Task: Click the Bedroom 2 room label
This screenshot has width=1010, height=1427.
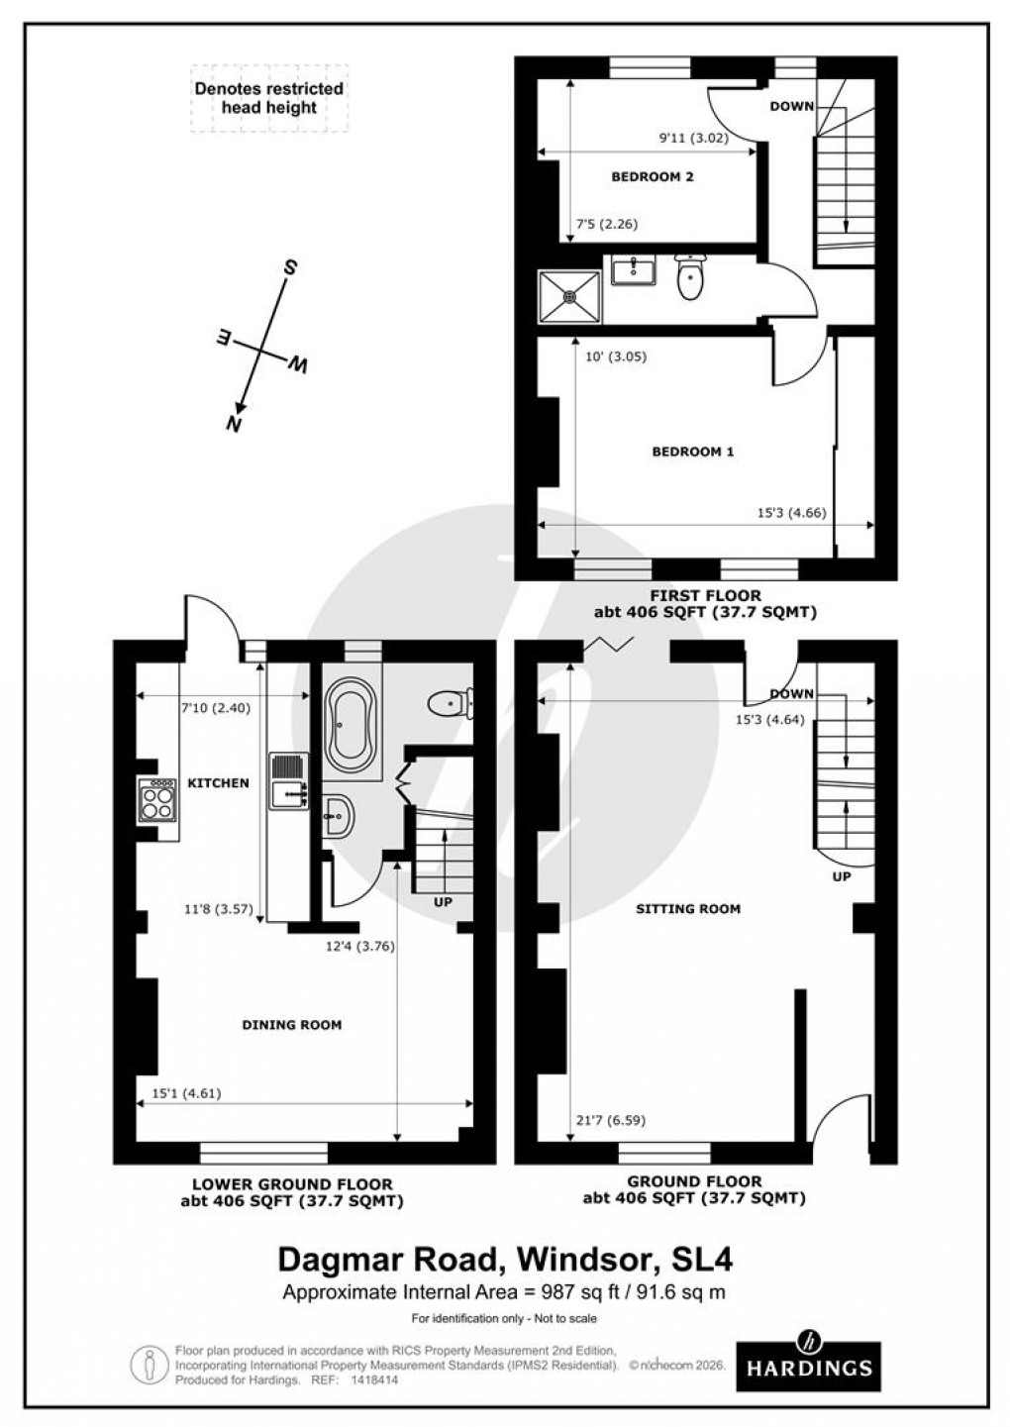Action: coord(652,177)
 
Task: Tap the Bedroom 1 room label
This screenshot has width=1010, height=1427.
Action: coord(692,452)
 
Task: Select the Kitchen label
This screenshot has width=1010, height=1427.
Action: coord(218,783)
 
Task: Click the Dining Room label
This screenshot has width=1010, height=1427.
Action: coord(291,1025)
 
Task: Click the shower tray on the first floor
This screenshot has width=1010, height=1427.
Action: coord(571,295)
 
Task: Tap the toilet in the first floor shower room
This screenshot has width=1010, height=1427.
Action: coord(690,277)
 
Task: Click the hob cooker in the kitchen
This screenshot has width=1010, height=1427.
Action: coord(157,799)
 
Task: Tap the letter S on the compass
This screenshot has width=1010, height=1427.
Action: coord(290,267)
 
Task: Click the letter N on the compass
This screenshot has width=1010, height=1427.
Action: coord(235,424)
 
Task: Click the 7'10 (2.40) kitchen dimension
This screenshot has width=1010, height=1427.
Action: coord(210,708)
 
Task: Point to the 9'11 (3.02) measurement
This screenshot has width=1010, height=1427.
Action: coord(693,139)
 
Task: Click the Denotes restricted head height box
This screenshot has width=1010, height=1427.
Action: coord(268,98)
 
